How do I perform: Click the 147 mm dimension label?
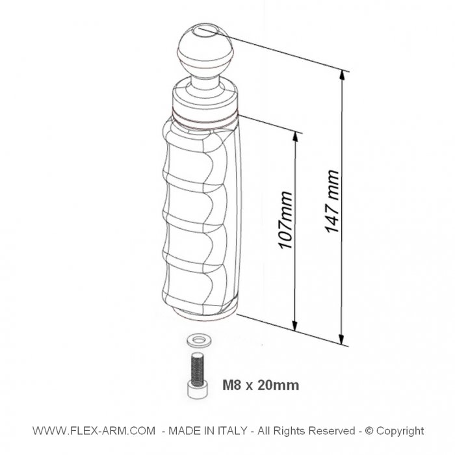pyautogui.click(x=332, y=201)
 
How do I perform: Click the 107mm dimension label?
pyautogui.click(x=285, y=220)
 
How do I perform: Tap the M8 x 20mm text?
pyautogui.click(x=261, y=385)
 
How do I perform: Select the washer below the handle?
pyautogui.click(x=199, y=340)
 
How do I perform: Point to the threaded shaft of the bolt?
pyautogui.click(x=198, y=369)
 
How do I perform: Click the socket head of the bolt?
pyautogui.click(x=198, y=390)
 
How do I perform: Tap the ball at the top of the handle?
pyautogui.click(x=205, y=50)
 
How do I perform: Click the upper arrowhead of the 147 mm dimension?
pyautogui.click(x=343, y=75)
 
